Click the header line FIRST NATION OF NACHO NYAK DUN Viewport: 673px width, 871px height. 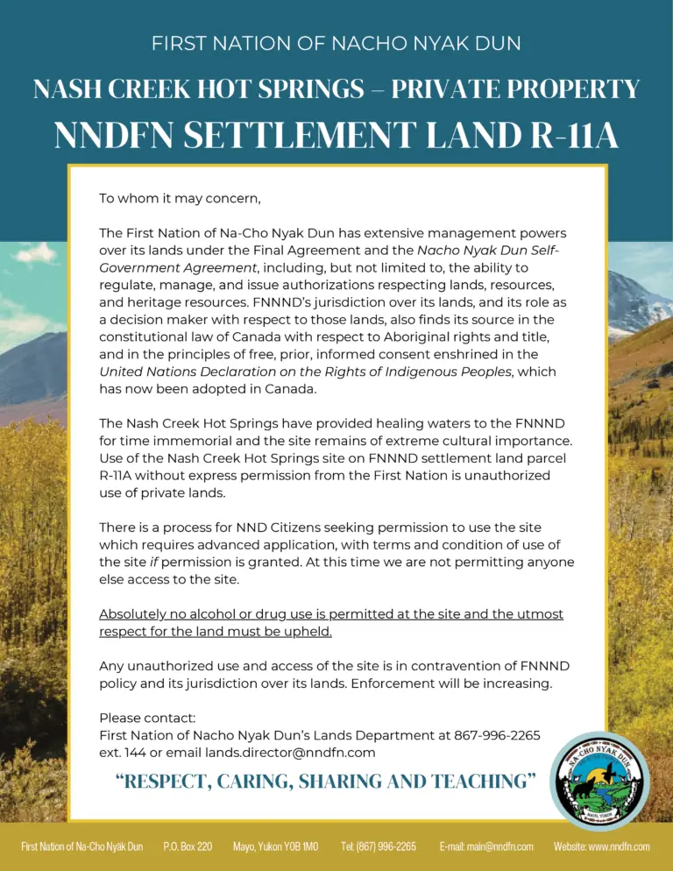336,43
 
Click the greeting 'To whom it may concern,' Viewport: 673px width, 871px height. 180,198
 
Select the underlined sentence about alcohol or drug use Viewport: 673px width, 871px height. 330,622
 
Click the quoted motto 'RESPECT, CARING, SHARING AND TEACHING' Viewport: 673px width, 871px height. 325,782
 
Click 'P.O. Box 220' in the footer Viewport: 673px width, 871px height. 188,846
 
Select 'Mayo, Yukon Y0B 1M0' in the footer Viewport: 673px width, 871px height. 275,846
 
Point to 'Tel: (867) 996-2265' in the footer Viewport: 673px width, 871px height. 378,846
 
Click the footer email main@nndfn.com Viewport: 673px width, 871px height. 486,846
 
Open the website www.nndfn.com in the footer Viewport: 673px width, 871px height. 601,846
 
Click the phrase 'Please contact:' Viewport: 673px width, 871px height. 147,719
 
